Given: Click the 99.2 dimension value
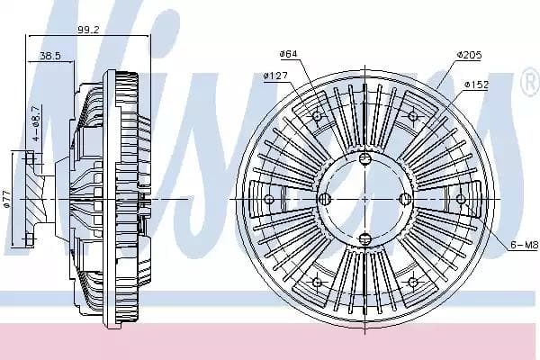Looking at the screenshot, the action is click(88, 30).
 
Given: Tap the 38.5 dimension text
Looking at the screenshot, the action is click(50, 56).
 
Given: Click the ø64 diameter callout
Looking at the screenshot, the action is click(288, 54).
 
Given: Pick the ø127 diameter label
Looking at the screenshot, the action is click(275, 76).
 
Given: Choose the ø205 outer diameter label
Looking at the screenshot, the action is click(469, 55).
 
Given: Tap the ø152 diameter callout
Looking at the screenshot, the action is click(476, 85).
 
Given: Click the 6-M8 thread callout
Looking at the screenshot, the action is click(524, 245).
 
